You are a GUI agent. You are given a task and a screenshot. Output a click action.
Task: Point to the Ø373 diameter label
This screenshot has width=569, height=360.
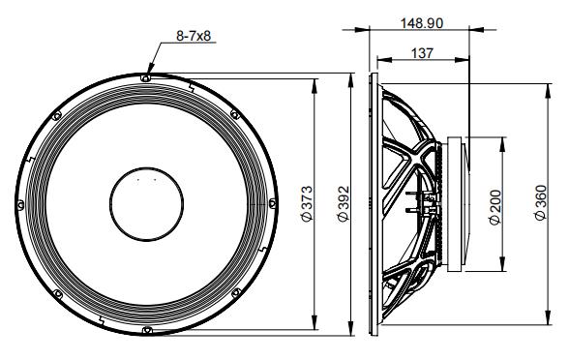pos(305,204)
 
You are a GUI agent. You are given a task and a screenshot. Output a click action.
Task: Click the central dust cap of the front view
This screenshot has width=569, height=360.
pos(146,205)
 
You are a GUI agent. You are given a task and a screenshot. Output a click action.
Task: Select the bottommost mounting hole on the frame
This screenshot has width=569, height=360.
pos(145,334)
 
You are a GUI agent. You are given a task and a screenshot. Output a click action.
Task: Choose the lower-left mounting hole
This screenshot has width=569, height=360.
pos(55,296)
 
